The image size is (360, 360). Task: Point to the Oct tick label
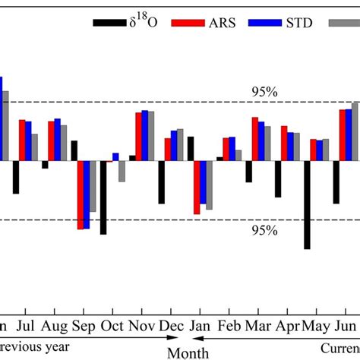[112, 327]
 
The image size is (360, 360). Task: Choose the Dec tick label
[171, 327]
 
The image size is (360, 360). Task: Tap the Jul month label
[25, 327]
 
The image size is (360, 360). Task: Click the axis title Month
[188, 352]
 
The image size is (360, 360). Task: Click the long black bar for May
[307, 204]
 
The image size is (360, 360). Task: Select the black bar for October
[103, 197]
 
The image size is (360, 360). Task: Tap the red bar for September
[80, 194]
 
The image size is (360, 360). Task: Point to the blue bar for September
[87, 194]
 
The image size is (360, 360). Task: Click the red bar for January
[197, 187]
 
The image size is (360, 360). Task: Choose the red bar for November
[138, 137]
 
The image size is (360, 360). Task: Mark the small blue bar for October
[115, 157]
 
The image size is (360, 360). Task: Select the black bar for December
[161, 182]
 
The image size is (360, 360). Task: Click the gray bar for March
[267, 144]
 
